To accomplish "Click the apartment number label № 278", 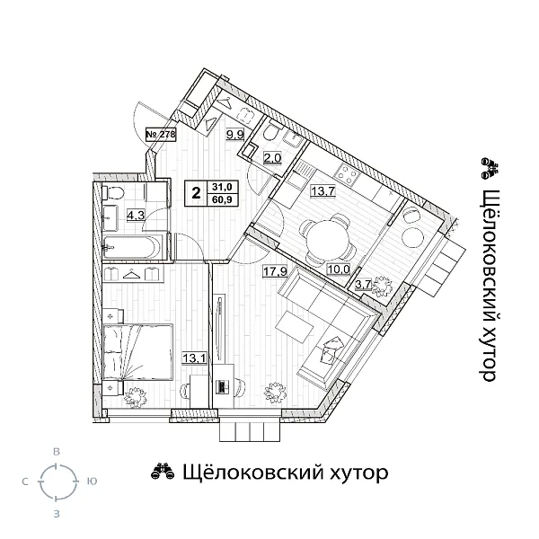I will (160, 135).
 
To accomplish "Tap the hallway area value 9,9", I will (234, 136).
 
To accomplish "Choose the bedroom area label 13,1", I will (193, 356).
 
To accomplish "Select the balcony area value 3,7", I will (365, 286).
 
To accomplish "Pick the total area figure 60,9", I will (219, 199).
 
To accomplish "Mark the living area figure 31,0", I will (219, 187).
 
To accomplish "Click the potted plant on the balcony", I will (384, 287).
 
